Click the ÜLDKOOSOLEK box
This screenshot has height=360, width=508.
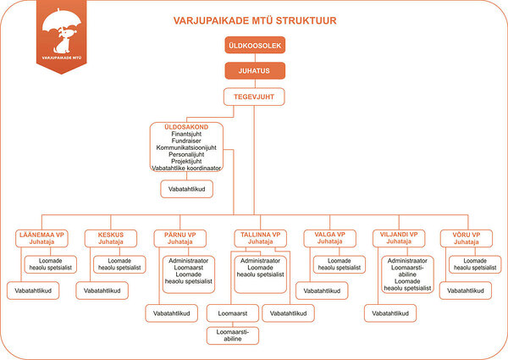pos(255,45)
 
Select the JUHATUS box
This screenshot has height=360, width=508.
pos(255,70)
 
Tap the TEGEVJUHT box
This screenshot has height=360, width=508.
pos(254,97)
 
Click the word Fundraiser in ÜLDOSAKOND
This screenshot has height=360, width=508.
pos(186,141)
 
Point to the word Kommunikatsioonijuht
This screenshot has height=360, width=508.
pos(186,147)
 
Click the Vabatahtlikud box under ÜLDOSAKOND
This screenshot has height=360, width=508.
pos(186,189)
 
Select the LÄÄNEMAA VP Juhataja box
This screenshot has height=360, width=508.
pos(41,238)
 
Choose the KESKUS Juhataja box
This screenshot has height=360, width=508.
pos(111,238)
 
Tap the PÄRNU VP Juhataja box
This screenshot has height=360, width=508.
pos(180,238)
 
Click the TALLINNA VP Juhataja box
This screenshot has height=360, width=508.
pos(261,238)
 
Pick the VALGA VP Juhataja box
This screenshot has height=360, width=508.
pos(330,238)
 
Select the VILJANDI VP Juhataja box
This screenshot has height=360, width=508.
pos(399,238)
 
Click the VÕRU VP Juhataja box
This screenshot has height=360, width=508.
pos(467,238)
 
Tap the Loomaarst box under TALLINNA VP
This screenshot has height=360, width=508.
pos(233,313)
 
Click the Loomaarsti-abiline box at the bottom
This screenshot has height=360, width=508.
pos(233,335)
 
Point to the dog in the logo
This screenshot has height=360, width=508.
pos(63,40)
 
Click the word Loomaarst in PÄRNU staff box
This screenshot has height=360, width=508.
pos(189,268)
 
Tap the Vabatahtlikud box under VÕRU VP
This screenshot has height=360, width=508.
pos(466,291)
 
